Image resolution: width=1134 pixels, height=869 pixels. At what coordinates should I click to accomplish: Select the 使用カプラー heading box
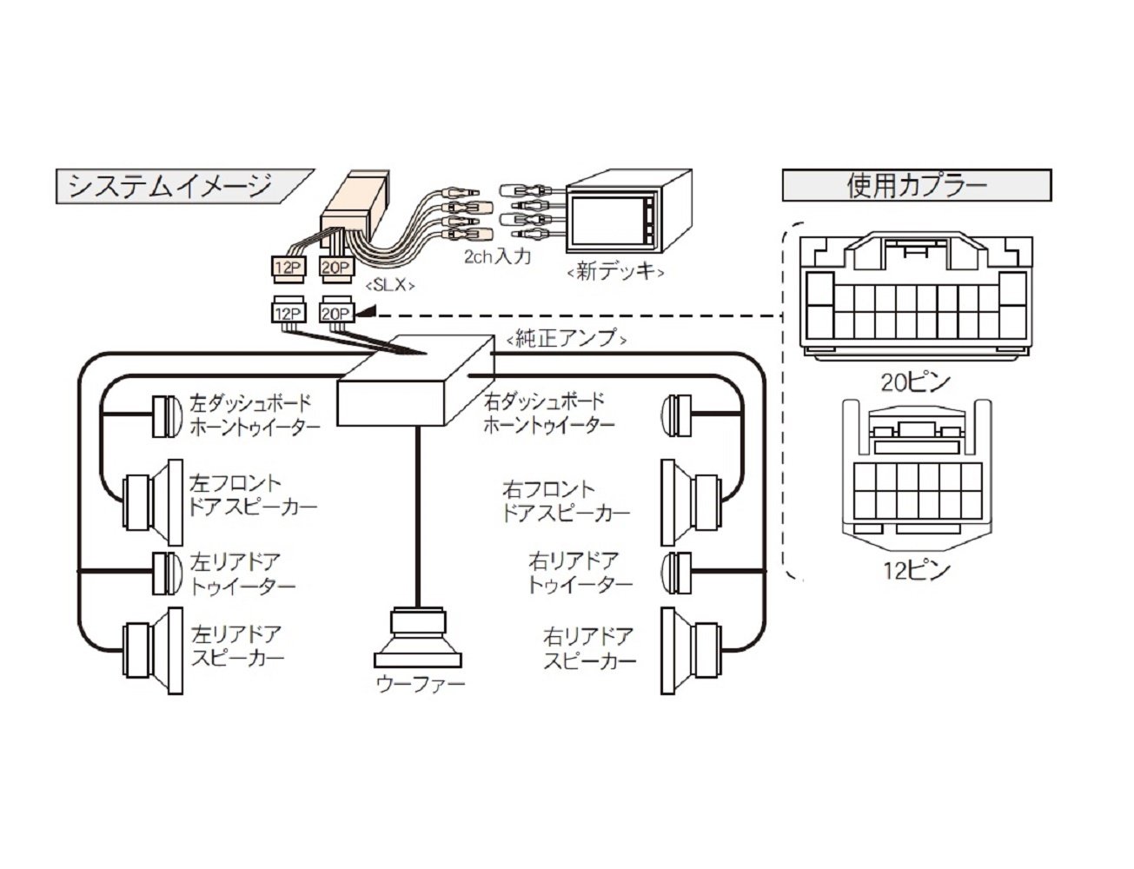pyautogui.click(x=917, y=186)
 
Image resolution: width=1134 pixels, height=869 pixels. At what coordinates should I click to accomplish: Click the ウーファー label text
pyautogui.click(x=420, y=684)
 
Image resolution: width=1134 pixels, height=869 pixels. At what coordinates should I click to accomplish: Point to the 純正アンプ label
pyautogui.click(x=566, y=338)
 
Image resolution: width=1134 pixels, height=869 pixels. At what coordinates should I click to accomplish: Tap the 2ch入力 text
pyautogui.click(x=496, y=257)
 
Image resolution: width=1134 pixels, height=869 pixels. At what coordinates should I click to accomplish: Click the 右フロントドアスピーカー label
pyautogui.click(x=566, y=501)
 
